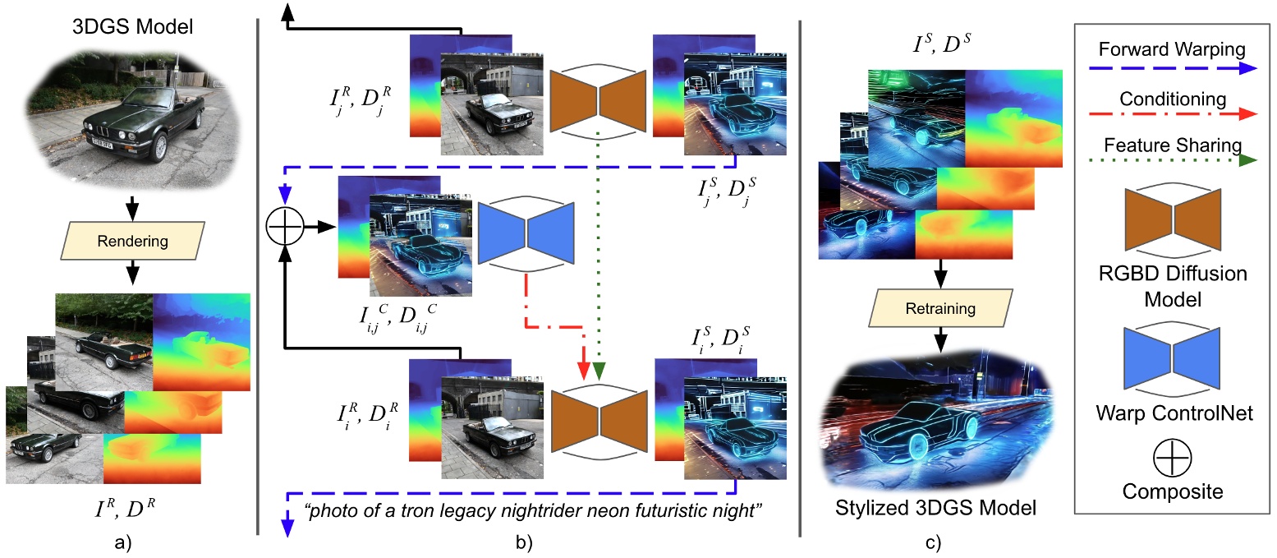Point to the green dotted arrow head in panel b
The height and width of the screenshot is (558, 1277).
pos(599,371)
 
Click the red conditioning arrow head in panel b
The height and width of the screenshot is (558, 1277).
pos(584,371)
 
